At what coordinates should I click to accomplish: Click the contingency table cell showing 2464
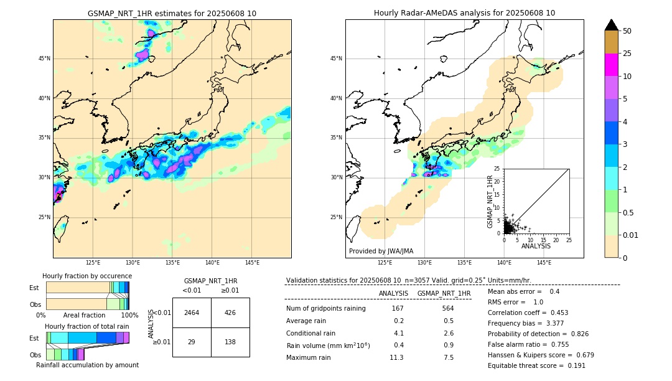192,313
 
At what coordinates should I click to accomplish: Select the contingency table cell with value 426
230,313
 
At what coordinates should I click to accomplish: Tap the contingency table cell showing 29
192,342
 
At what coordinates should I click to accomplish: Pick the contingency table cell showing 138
230,342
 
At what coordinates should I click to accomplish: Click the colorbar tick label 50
627,31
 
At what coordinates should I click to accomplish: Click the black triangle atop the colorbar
611,25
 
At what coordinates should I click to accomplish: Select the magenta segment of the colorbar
611,65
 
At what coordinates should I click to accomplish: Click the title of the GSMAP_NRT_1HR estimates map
172,13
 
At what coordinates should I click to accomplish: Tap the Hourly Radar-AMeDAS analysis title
464,13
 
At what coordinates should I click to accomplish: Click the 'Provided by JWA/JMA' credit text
381,251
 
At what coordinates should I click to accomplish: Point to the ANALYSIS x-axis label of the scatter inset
536,246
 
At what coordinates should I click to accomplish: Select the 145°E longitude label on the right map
544,263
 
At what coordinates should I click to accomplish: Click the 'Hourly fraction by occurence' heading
87,276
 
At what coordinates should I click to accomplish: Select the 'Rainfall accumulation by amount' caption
87,365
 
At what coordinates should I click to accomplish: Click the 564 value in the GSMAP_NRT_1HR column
447,308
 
